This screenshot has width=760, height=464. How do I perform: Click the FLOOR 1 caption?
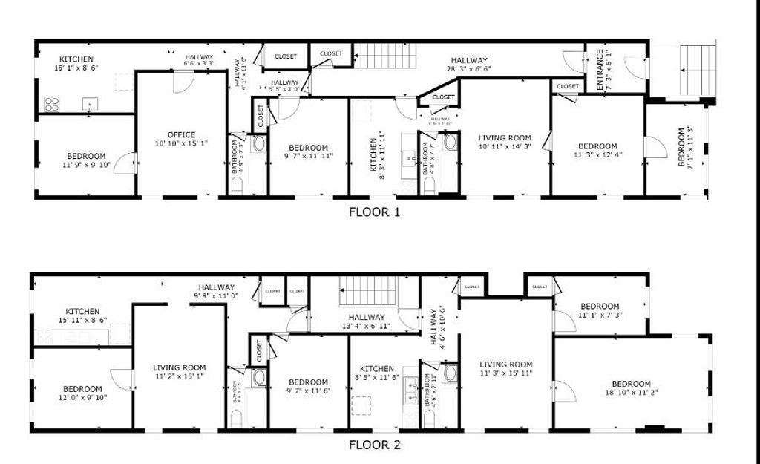pos(375,212)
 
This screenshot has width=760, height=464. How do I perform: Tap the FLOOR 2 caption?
pos(375,445)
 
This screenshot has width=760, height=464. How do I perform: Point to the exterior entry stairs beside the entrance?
pos(697,70)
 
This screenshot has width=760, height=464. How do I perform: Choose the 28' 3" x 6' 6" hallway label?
pos(468,65)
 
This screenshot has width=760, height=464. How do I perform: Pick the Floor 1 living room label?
pos(505,142)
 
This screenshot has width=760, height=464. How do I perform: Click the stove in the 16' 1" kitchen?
pos(52,103)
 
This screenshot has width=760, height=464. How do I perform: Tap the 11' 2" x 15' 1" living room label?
pos(179,371)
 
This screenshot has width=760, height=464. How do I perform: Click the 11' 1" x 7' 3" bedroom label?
pos(599,310)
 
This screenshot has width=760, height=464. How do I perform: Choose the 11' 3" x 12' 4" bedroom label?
pos(597,151)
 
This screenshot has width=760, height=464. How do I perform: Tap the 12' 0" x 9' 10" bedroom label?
pos(82,393)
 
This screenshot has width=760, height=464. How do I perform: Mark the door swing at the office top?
pos(182,82)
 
